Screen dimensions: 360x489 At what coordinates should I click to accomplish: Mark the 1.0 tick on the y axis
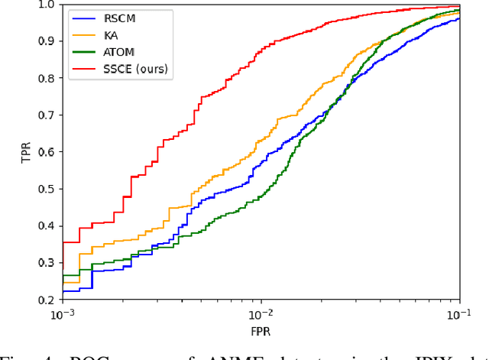[x=47, y=5]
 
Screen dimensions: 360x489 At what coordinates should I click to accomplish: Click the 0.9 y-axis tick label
[x=47, y=41]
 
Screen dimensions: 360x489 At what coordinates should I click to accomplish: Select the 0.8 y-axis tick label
[x=47, y=78]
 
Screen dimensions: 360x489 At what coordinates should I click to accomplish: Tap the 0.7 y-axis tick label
[x=47, y=115]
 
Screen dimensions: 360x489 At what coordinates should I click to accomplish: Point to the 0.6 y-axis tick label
[x=47, y=152]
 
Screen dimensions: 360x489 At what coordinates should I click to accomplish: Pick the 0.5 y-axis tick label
[x=47, y=189]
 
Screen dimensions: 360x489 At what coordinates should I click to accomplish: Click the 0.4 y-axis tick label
[x=47, y=225]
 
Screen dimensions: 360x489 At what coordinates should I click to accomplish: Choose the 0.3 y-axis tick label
[x=47, y=263]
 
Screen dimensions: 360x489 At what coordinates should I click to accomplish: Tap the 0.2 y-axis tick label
[x=47, y=300]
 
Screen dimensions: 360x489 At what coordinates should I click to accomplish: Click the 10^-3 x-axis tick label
[x=62, y=313]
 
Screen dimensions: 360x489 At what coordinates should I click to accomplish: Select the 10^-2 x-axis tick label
[x=261, y=313]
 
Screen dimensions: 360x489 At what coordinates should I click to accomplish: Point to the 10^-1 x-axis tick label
[x=458, y=313]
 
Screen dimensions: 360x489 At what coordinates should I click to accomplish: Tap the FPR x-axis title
[x=261, y=332]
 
